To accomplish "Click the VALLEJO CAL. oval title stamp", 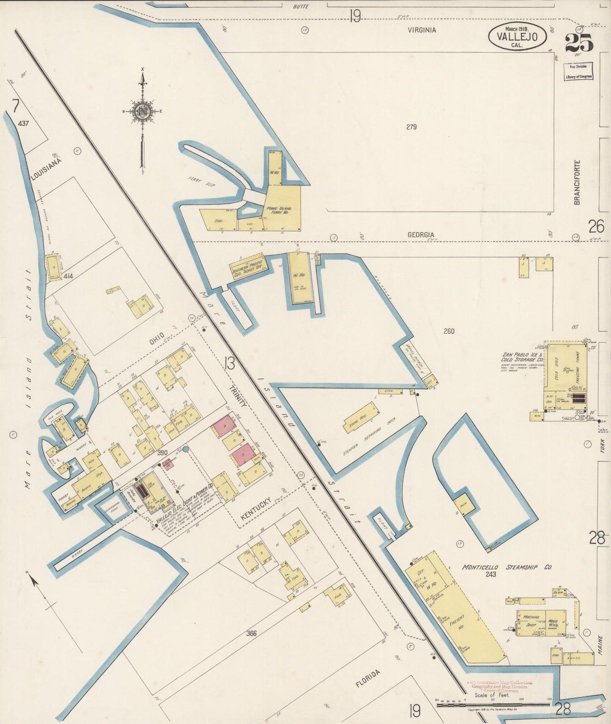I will [x=517, y=37].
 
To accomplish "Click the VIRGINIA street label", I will [x=422, y=30].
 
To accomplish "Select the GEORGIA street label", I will [x=421, y=235].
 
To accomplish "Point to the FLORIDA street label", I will [x=368, y=678].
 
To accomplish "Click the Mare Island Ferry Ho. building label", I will [x=278, y=210].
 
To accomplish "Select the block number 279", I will [x=411, y=127].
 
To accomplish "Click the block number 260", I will [x=449, y=331].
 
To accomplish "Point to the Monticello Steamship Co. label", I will [x=507, y=567].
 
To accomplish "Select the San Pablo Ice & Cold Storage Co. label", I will [x=523, y=357].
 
